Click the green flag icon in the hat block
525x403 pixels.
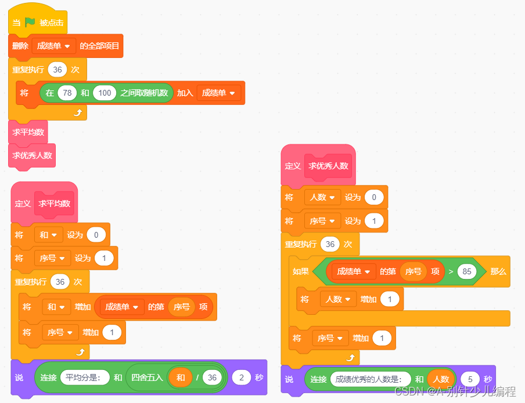(x=30, y=23)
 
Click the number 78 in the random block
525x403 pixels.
(x=67, y=93)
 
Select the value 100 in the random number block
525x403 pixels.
(x=105, y=93)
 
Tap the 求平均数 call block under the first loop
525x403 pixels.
(x=28, y=132)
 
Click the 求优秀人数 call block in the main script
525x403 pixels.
(x=32, y=155)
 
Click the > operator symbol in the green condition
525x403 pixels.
(x=451, y=271)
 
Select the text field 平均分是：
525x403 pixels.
(x=85, y=377)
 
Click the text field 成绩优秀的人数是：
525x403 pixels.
(x=370, y=379)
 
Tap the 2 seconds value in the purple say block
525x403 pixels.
(x=241, y=377)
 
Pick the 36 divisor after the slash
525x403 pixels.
(x=213, y=377)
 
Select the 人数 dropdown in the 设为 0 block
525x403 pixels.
(x=322, y=197)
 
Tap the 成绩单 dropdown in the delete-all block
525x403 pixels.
(x=54, y=46)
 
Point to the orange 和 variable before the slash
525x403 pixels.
(x=181, y=377)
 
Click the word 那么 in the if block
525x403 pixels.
(x=498, y=271)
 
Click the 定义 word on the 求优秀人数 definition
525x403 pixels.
(x=293, y=166)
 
